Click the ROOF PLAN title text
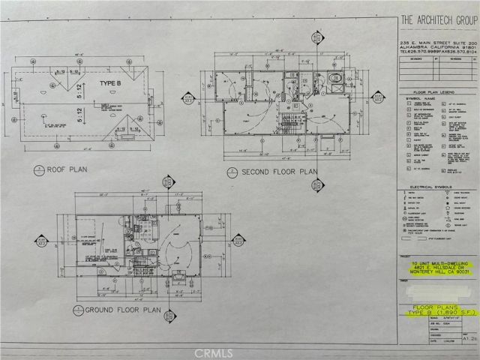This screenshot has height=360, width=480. [67, 169]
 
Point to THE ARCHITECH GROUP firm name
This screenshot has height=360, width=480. [431, 19]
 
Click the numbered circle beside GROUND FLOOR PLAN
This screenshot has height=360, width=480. [77, 308]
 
